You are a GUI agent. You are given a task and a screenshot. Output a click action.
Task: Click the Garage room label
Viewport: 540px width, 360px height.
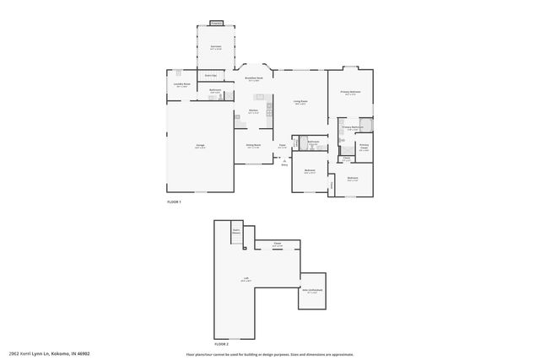[201, 147]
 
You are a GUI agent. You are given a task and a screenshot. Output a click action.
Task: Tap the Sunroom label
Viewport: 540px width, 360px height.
[216, 47]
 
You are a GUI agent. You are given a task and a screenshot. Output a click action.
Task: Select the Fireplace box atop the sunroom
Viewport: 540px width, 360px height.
[216, 24]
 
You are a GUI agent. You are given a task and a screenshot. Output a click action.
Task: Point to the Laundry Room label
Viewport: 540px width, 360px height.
[181, 84]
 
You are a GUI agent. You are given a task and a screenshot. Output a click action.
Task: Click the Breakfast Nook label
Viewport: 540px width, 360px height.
[254, 78]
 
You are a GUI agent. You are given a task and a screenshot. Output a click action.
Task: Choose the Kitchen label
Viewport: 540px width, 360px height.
[253, 110]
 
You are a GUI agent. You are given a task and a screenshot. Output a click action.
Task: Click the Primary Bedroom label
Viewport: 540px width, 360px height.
[351, 92]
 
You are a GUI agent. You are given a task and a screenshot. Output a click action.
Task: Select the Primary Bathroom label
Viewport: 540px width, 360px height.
[352, 127]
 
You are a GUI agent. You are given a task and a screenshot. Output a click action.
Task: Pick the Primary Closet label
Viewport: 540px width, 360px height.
[364, 148]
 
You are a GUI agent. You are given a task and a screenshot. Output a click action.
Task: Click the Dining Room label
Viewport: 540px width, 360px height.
[253, 145]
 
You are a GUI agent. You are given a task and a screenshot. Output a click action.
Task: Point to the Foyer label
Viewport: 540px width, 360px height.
[283, 146]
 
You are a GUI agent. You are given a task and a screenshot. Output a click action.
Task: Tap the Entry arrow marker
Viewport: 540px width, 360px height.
[284, 162]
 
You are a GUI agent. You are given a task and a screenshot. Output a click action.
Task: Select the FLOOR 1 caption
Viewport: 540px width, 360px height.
[175, 202]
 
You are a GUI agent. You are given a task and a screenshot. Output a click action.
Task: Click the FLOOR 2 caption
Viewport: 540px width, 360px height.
[222, 344]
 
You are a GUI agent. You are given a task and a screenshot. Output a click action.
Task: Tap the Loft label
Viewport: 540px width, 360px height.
[246, 281]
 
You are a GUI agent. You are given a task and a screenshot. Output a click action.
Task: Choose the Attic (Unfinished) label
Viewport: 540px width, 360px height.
[312, 291]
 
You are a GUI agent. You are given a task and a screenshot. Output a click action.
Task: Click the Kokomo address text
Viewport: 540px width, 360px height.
[49, 352]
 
